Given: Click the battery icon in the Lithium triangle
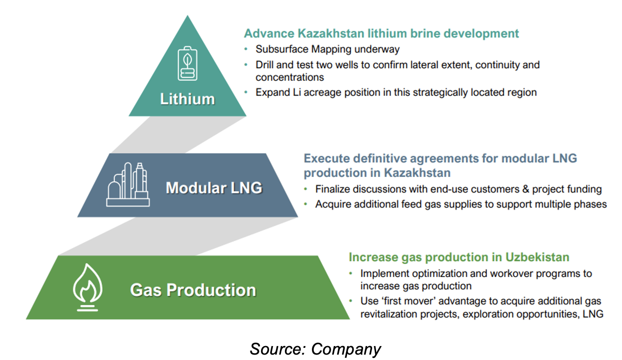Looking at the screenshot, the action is point(188,63).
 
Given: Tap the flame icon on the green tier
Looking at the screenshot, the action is point(88,287).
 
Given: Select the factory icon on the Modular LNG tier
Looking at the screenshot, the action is point(128,184).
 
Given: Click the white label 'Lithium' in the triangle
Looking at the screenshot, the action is point(188,99).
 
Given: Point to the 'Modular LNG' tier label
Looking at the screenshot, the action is point(214,188).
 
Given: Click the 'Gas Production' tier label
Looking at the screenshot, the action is point(193,290).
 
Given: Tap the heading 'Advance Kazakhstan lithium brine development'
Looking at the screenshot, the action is point(381,34).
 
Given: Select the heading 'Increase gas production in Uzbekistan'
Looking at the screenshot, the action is point(459,257).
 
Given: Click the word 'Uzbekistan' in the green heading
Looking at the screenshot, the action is point(537,257).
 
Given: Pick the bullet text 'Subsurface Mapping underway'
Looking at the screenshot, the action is point(328,49).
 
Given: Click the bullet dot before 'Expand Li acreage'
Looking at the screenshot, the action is point(246,92).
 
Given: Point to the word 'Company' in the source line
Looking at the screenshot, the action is point(346,349).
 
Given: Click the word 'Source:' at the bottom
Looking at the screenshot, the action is point(278,349).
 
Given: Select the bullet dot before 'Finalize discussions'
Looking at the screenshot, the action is point(306,189).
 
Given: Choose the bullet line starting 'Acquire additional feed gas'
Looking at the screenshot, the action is point(461,204).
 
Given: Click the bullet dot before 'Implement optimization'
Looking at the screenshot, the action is point(350,273).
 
